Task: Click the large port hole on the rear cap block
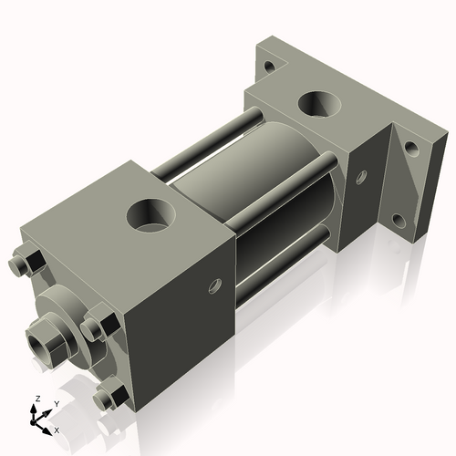(x=321, y=105)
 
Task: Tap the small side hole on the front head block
(x=215, y=286)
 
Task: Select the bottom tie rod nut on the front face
(x=110, y=397)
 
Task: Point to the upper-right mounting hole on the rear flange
(x=411, y=147)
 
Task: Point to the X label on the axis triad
(x=57, y=429)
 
